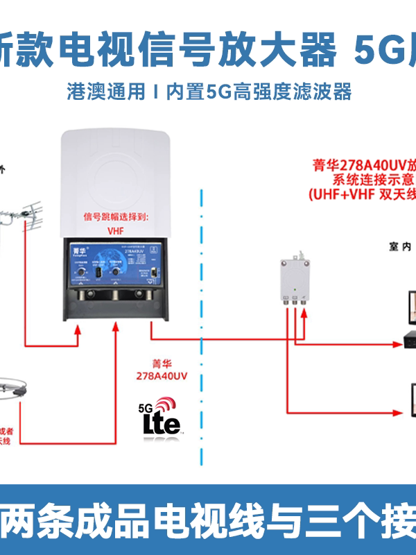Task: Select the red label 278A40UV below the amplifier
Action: pos(161,375)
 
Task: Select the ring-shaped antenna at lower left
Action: pos(17,389)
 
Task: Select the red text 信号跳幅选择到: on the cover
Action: pos(116,216)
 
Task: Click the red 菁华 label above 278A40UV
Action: pos(161,363)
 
